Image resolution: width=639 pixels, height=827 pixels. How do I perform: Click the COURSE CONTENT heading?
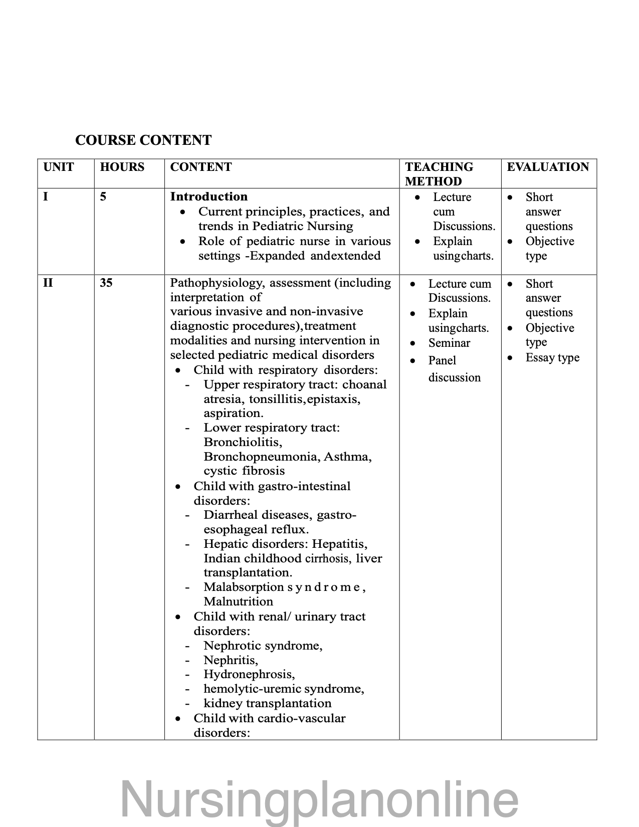tap(143, 140)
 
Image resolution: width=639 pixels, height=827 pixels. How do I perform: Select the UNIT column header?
tap(59, 167)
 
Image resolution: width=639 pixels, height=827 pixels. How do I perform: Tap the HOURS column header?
tap(122, 167)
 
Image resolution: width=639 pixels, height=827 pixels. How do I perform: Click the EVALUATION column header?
tap(548, 167)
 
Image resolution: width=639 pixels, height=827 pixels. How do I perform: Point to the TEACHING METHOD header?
tap(439, 174)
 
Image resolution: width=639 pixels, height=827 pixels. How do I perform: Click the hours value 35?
tap(106, 283)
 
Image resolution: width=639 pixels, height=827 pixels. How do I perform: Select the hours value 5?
tap(103, 196)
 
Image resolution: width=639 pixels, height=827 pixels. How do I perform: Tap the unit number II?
tap(48, 283)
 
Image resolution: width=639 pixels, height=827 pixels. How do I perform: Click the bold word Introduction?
tap(208, 196)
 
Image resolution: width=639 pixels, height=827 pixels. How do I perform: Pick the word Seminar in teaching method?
tap(449, 343)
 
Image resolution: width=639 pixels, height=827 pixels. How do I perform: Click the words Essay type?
tap(552, 358)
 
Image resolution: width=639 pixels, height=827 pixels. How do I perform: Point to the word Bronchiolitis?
tap(243, 442)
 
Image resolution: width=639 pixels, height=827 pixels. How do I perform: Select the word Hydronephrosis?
tap(249, 674)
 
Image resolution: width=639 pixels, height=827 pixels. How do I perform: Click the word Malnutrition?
tap(238, 601)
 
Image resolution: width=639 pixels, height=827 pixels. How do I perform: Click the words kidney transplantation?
tap(268, 703)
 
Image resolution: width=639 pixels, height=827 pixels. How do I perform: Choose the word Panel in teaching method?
tap(442, 360)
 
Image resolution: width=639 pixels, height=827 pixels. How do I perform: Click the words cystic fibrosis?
tap(244, 471)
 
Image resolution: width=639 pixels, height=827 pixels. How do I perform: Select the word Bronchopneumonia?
tap(262, 457)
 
